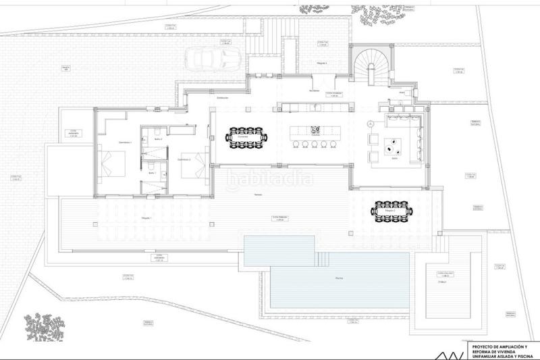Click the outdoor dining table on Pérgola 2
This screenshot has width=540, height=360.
click(x=389, y=210)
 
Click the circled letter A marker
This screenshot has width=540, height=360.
click(x=370, y=124)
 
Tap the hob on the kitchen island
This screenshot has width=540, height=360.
click(x=315, y=129)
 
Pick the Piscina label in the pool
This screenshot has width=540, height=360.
click(x=328, y=278)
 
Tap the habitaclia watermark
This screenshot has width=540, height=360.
click(x=269, y=180)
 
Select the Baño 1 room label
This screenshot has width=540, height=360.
click(x=152, y=173)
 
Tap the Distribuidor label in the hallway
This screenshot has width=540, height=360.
click(x=222, y=98)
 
